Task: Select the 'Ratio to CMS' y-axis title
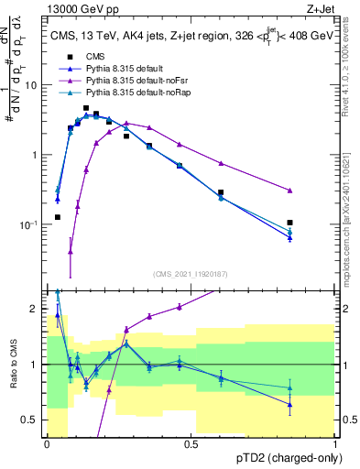click(13, 366)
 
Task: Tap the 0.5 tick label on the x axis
click(191, 442)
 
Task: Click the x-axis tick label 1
click(336, 442)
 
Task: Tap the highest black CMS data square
click(86, 108)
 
